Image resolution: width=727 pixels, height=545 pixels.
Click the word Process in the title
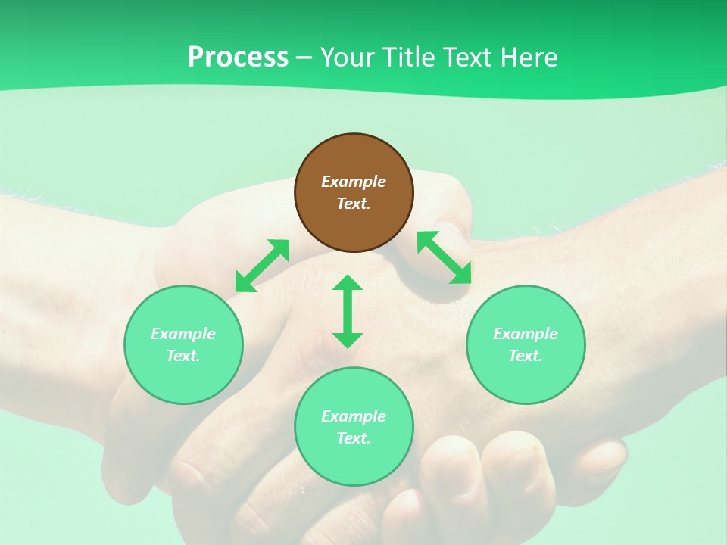pos(238,58)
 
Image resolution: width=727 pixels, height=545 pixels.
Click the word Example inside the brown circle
pos(354,182)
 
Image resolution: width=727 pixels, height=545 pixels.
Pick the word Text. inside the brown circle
pos(354,204)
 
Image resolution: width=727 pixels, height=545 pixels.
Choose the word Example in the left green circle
pos(183,334)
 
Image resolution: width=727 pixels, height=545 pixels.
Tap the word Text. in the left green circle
pos(183,356)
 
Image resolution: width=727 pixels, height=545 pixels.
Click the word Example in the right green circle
pos(526,334)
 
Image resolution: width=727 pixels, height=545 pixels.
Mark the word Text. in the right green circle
pos(526,356)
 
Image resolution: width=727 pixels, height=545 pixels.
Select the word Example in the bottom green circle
pos(354,416)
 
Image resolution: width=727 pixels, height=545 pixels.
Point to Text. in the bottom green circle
pos(354,438)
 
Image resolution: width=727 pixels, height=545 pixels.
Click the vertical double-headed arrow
pos(348,311)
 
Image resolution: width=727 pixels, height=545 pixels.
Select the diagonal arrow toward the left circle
pos(262,266)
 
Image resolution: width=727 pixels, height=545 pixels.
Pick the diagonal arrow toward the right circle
pos(445,257)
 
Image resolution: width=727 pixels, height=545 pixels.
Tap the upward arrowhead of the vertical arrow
pos(348,282)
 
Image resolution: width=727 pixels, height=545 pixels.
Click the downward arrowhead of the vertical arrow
pos(348,340)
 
